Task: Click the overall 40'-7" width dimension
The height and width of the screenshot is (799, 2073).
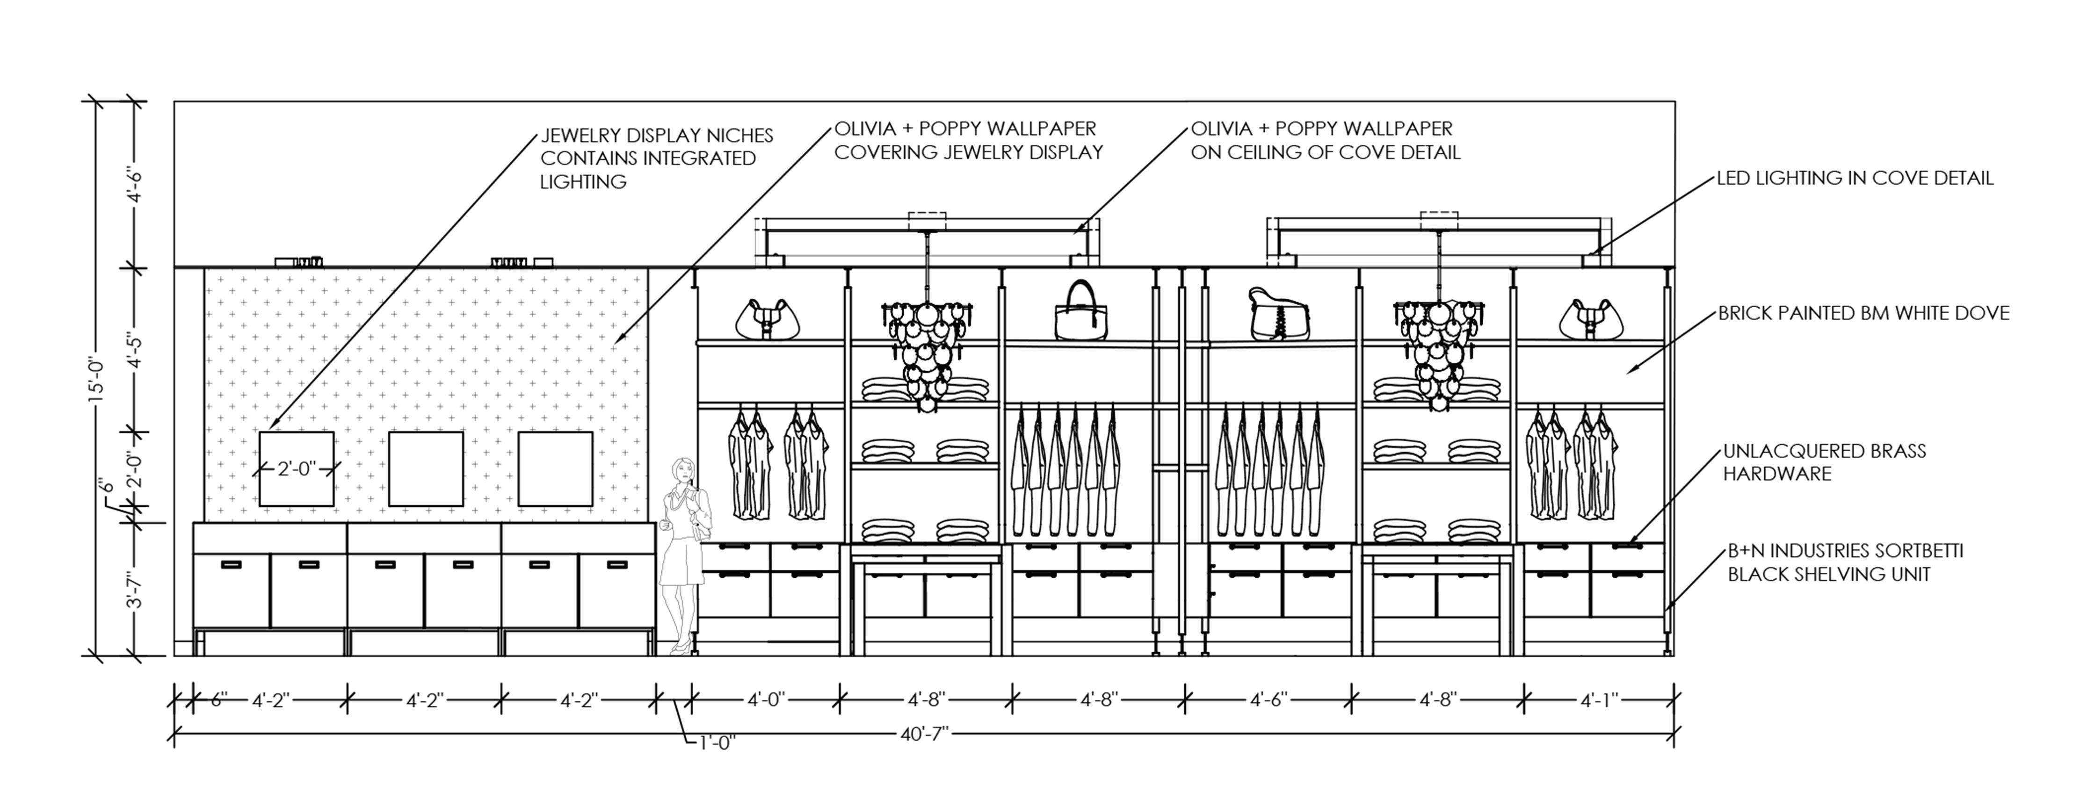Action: coord(924,734)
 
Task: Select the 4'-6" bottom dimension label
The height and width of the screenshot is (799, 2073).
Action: coord(1269,700)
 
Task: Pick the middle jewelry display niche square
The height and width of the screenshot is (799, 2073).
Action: coord(426,469)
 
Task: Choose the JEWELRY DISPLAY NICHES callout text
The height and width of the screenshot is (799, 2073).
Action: coord(656,158)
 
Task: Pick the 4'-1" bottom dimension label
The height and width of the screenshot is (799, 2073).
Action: coord(1598,700)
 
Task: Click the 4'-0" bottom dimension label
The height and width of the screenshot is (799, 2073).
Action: coord(765,700)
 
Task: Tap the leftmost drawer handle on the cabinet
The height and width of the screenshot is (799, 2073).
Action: coord(231,564)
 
